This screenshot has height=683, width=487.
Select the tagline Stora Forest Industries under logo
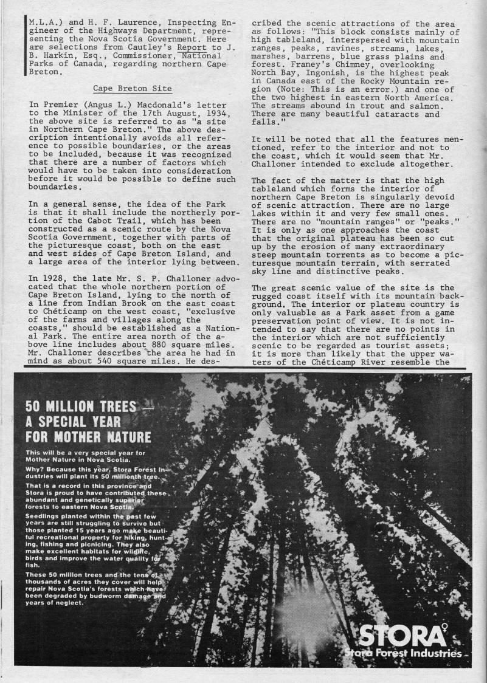pos(402,653)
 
